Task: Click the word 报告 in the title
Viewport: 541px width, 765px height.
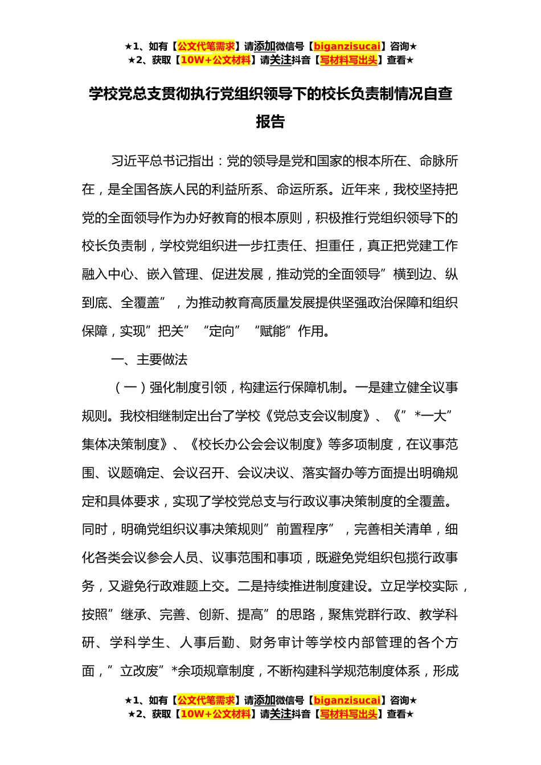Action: coord(270,122)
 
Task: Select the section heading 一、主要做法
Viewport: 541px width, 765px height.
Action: coord(149,360)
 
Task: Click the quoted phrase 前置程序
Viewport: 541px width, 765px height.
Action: coord(302,529)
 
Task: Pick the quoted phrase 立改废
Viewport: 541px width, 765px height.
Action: coord(139,672)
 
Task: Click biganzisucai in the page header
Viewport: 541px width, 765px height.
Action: coord(347,47)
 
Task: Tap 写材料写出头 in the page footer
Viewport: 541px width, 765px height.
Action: coord(349,714)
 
